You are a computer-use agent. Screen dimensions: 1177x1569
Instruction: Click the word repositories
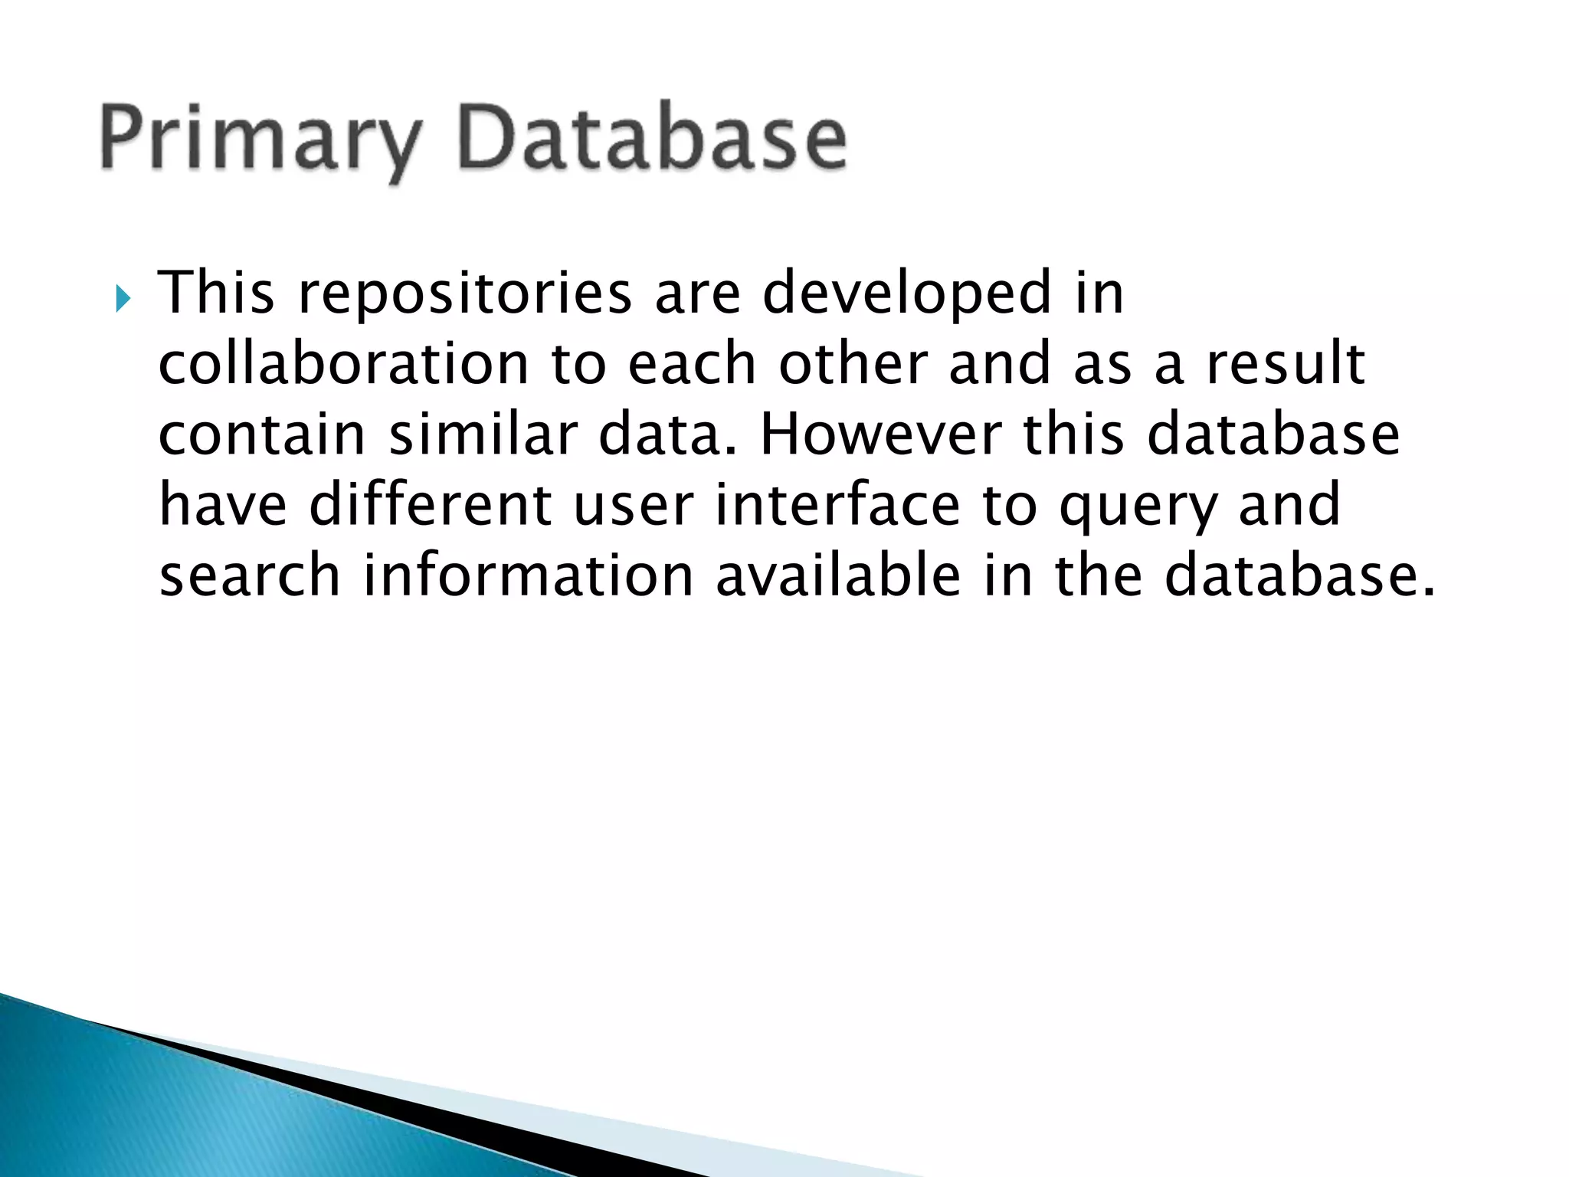point(465,293)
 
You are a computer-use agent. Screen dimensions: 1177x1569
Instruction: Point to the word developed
point(907,293)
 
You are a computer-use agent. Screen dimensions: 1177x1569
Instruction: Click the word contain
point(262,434)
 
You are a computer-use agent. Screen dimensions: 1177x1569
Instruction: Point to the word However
point(880,434)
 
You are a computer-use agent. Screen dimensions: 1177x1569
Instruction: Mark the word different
point(430,505)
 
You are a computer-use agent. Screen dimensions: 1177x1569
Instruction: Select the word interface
point(837,505)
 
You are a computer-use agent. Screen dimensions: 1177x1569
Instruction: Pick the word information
point(528,575)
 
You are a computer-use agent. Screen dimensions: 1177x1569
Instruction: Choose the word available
point(837,575)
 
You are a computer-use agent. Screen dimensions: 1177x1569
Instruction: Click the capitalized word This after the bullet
point(216,293)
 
